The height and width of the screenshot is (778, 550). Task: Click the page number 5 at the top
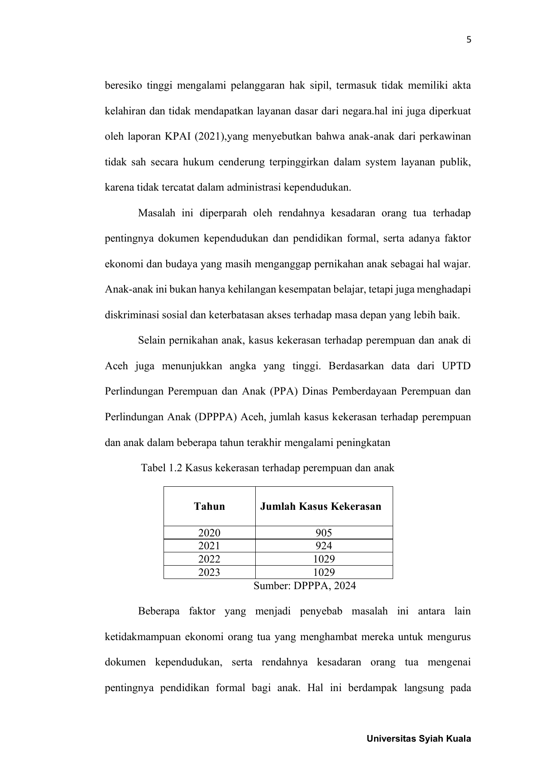[x=469, y=40]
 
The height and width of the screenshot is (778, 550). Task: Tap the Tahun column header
[x=209, y=506]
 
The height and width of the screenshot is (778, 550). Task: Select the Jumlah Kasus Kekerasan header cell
[x=320, y=506]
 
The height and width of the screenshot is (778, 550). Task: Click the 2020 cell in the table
[x=209, y=533]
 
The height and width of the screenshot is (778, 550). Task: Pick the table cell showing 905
[x=324, y=533]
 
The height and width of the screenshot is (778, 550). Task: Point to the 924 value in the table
[x=324, y=546]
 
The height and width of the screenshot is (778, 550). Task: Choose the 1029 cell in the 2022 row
[x=324, y=559]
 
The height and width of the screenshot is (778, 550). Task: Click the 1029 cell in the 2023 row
[x=324, y=572]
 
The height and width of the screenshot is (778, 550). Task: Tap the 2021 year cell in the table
[x=209, y=546]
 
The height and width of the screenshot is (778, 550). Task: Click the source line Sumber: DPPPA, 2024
[x=304, y=586]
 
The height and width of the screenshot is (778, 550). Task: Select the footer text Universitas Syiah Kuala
[x=419, y=739]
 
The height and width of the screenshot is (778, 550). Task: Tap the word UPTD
[x=456, y=366]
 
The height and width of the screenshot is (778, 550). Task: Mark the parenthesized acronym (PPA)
[x=280, y=392]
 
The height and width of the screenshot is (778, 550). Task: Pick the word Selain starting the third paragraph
[x=152, y=340]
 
